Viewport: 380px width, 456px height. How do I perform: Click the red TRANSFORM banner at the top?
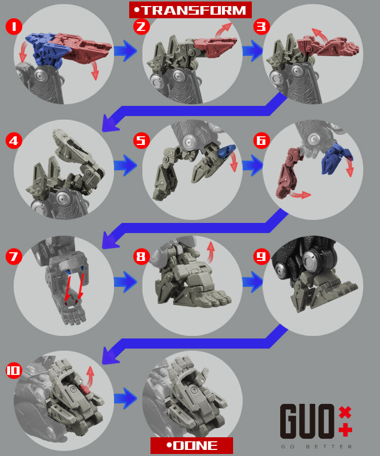pos(190,10)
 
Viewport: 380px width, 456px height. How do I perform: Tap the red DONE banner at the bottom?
pos(192,445)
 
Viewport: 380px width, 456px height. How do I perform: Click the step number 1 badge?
pos(14,26)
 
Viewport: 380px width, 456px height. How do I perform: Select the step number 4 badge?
pos(14,139)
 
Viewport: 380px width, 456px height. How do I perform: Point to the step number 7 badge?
pos(14,256)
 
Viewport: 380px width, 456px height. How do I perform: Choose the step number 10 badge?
pos(14,371)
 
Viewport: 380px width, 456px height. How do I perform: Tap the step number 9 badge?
pos(261,256)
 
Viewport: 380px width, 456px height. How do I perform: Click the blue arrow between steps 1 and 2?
pos(125,51)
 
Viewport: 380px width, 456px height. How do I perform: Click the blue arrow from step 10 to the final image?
pos(125,397)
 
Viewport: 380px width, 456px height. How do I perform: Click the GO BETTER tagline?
pos(317,446)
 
